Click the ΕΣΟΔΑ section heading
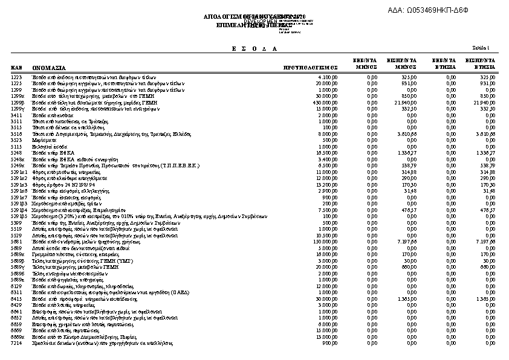coord(254,48)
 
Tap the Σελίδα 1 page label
coord(481,47)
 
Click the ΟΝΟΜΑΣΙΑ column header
coord(49,68)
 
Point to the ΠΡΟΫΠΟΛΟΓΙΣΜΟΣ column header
coord(310,68)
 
